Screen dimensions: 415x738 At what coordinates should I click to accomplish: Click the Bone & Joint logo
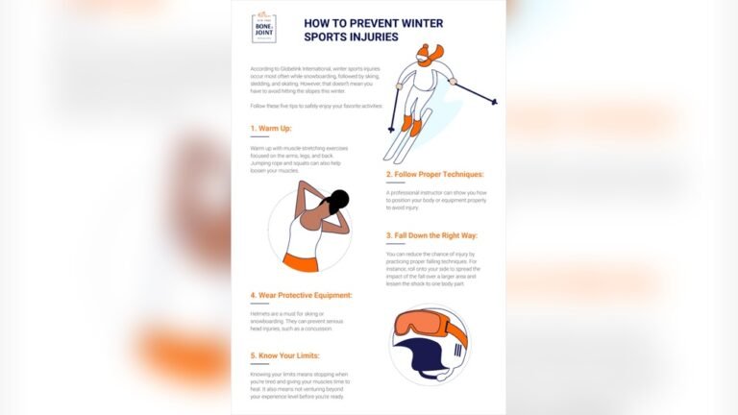[x=264, y=28]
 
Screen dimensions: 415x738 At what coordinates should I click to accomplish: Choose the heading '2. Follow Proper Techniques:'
[x=434, y=174]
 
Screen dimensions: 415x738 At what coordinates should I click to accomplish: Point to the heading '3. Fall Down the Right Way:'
[x=431, y=235]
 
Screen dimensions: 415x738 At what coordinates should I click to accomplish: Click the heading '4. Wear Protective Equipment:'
[x=301, y=295]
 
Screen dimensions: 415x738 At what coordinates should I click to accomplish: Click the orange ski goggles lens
[x=422, y=323]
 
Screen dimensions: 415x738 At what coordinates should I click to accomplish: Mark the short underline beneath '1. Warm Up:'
[x=258, y=138]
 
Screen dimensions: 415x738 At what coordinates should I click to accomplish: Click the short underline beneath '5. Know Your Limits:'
[x=258, y=366]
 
